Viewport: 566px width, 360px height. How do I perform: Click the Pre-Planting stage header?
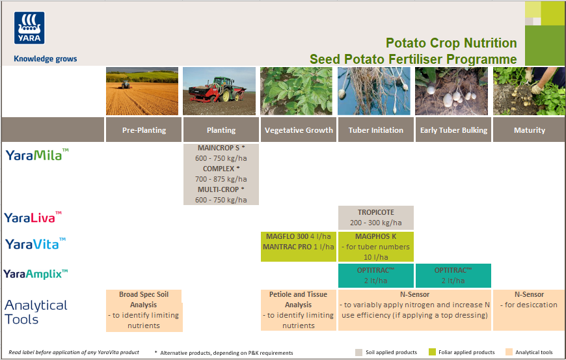pyautogui.click(x=144, y=130)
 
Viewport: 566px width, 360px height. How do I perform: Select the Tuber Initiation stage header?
pyautogui.click(x=375, y=130)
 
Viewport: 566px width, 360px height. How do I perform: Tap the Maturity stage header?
pyautogui.click(x=529, y=130)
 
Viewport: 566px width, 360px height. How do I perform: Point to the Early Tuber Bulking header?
pyautogui.click(x=453, y=130)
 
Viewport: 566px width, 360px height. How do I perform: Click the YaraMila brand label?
pyautogui.click(x=37, y=155)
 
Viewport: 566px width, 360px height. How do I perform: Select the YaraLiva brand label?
pyautogui.click(x=33, y=217)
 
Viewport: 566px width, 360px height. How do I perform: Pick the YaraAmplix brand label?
pyautogui.click(x=36, y=274)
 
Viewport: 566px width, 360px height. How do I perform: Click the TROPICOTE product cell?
pyautogui.click(x=375, y=217)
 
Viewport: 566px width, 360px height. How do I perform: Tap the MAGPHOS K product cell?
pyautogui.click(x=375, y=246)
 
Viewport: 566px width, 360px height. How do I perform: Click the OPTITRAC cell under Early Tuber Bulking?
pyautogui.click(x=453, y=275)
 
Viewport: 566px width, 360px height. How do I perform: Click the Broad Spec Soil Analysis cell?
pyautogui.click(x=143, y=310)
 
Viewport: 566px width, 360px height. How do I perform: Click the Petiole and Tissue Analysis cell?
pyautogui.click(x=298, y=310)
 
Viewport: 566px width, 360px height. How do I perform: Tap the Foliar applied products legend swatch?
pyautogui.click(x=433, y=352)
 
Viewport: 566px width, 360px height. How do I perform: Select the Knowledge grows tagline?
pyautogui.click(x=46, y=59)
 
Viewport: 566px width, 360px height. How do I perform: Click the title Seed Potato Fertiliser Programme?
pyautogui.click(x=413, y=59)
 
